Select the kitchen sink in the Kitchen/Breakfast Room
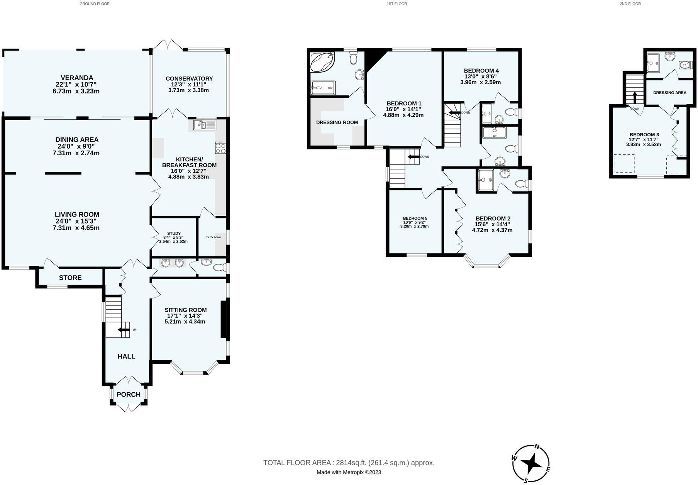click(x=205, y=125)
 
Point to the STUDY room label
click(x=174, y=234)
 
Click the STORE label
click(x=70, y=278)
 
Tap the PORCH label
click(x=129, y=394)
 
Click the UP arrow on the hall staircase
click(x=124, y=330)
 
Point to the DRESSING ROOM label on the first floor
click(x=337, y=122)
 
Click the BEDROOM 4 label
click(x=481, y=71)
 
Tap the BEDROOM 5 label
click(x=415, y=218)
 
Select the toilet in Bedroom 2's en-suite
click(x=522, y=185)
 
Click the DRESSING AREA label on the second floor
click(x=670, y=93)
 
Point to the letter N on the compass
click(x=537, y=447)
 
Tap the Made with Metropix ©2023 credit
click(x=349, y=472)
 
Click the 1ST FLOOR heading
click(x=396, y=4)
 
